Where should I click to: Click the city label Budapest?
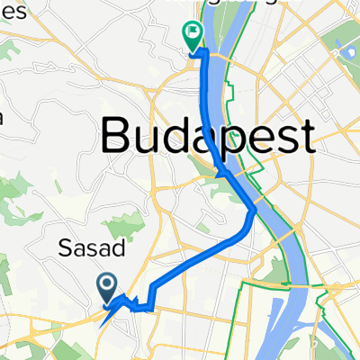208,137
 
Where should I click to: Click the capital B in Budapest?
116,137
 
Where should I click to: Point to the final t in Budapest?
306,137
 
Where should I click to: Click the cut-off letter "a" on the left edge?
3,117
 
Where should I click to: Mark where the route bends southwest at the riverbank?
253,211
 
